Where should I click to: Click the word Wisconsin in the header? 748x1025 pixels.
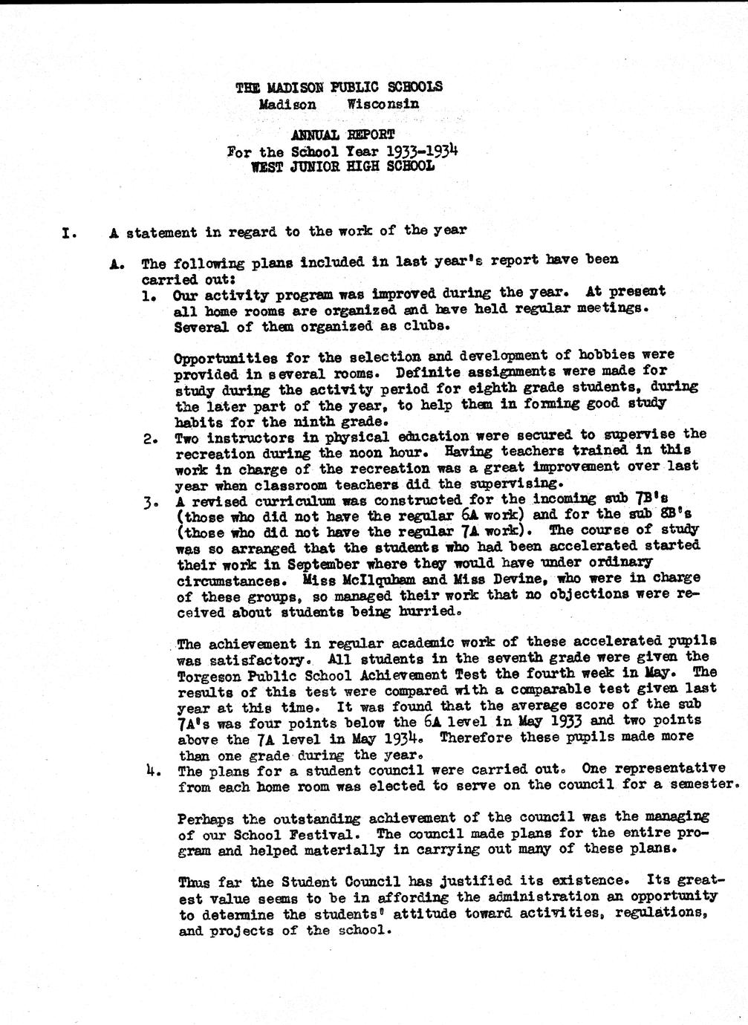(x=383, y=104)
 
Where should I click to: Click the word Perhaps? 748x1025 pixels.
(x=207, y=819)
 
